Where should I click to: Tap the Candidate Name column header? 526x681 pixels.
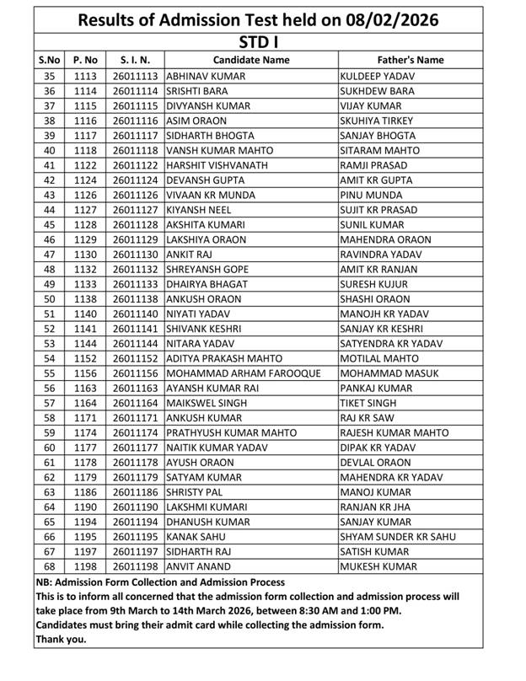250,61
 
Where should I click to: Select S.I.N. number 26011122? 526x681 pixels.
135,165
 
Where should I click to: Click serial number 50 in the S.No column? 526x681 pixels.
49,299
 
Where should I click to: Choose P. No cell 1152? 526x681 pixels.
85,358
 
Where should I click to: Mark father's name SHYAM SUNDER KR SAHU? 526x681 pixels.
397,537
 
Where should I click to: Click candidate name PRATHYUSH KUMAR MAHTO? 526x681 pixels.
231,433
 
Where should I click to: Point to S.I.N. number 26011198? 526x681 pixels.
135,566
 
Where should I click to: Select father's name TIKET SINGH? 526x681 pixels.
368,403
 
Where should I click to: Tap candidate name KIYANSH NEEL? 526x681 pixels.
200,210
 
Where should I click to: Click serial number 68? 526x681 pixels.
49,566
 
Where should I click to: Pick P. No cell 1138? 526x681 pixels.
85,299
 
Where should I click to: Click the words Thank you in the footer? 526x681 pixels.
61,639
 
